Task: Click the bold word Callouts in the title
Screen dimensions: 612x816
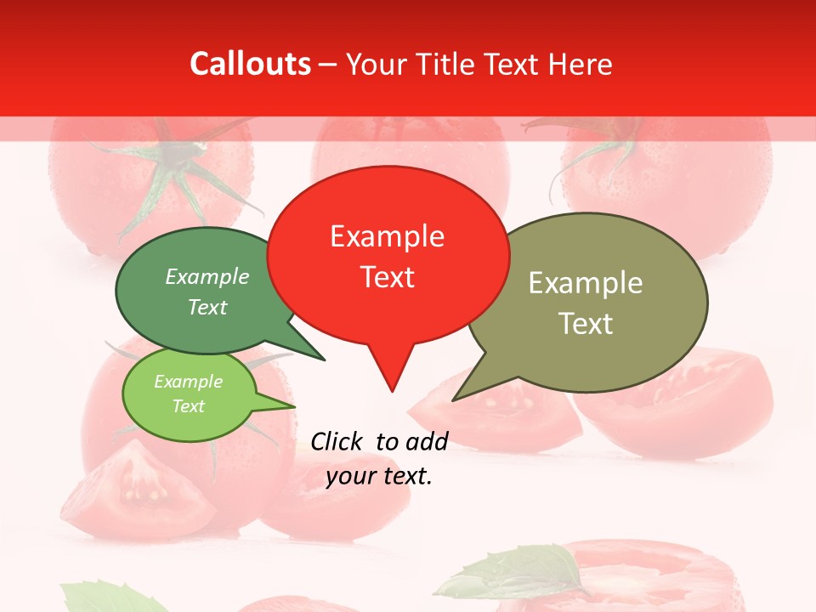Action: coord(250,64)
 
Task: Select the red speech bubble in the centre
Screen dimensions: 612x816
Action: coord(388,255)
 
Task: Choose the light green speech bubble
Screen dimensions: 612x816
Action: coord(189,394)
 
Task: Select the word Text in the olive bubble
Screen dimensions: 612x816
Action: coord(586,323)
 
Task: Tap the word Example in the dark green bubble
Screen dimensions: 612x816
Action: coord(207,276)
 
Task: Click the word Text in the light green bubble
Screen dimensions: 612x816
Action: coord(188,406)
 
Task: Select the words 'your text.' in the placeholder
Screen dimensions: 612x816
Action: coord(379,476)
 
